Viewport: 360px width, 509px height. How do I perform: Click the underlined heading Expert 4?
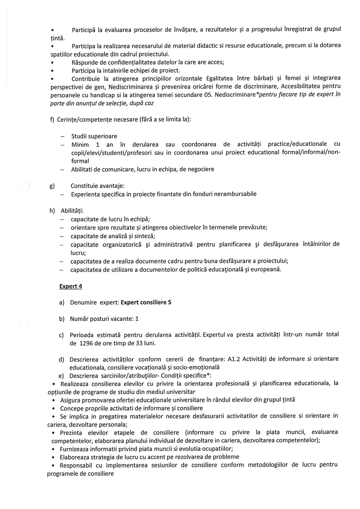click(x=71, y=286)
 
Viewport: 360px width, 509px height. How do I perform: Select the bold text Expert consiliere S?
click(x=146, y=302)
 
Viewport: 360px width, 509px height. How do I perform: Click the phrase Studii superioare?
click(x=94, y=136)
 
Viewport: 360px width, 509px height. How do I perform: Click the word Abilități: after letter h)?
click(x=70, y=211)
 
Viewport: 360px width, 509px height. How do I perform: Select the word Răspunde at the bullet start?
click(x=84, y=62)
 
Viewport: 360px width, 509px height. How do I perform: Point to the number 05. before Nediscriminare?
click(x=209, y=95)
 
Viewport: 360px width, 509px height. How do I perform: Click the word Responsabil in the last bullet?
click(x=77, y=465)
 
